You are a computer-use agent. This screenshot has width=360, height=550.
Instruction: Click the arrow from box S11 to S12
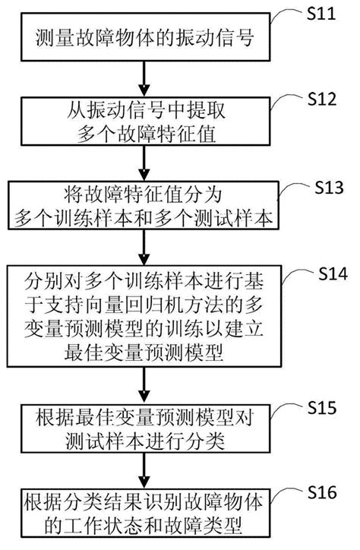coord(144,78)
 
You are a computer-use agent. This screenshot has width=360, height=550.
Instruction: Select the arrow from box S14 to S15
coord(144,387)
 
